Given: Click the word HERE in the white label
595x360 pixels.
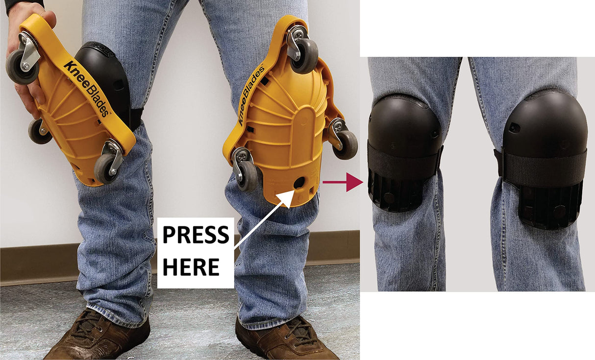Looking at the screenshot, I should tap(190, 267).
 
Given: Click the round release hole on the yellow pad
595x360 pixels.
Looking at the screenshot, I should tap(298, 184).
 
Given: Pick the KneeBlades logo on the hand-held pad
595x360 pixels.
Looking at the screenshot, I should tap(86, 88).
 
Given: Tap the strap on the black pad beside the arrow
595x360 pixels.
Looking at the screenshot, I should tap(404, 161).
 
